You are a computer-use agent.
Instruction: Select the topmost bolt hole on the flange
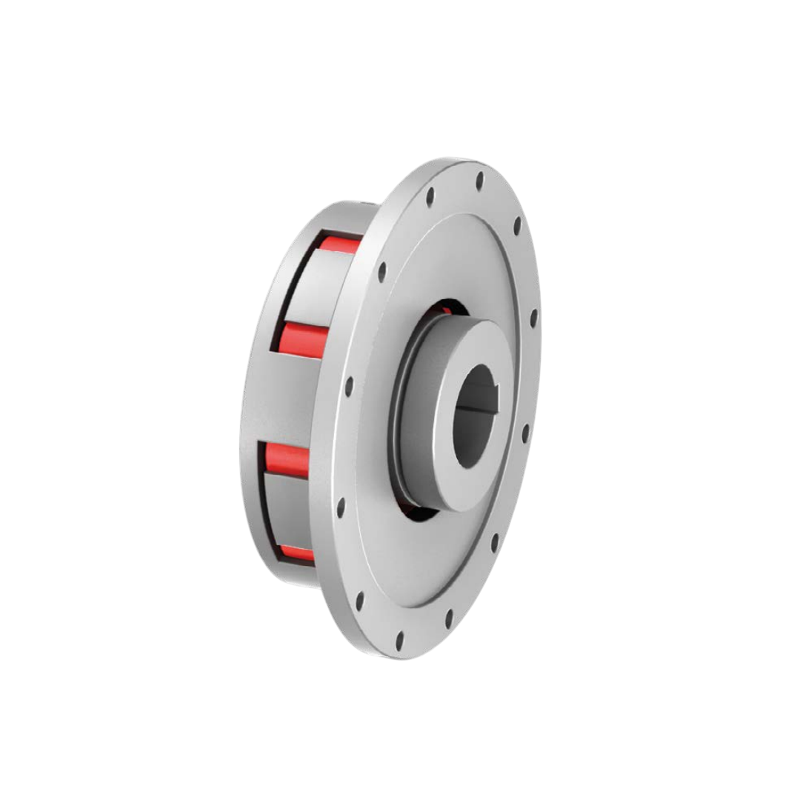[x=479, y=181]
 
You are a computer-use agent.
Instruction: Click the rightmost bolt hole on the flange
[x=534, y=319]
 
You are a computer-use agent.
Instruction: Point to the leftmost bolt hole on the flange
[x=341, y=508]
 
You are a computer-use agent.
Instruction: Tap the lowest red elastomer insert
[x=297, y=553]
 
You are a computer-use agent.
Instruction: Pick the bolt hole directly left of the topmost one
[x=430, y=197]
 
